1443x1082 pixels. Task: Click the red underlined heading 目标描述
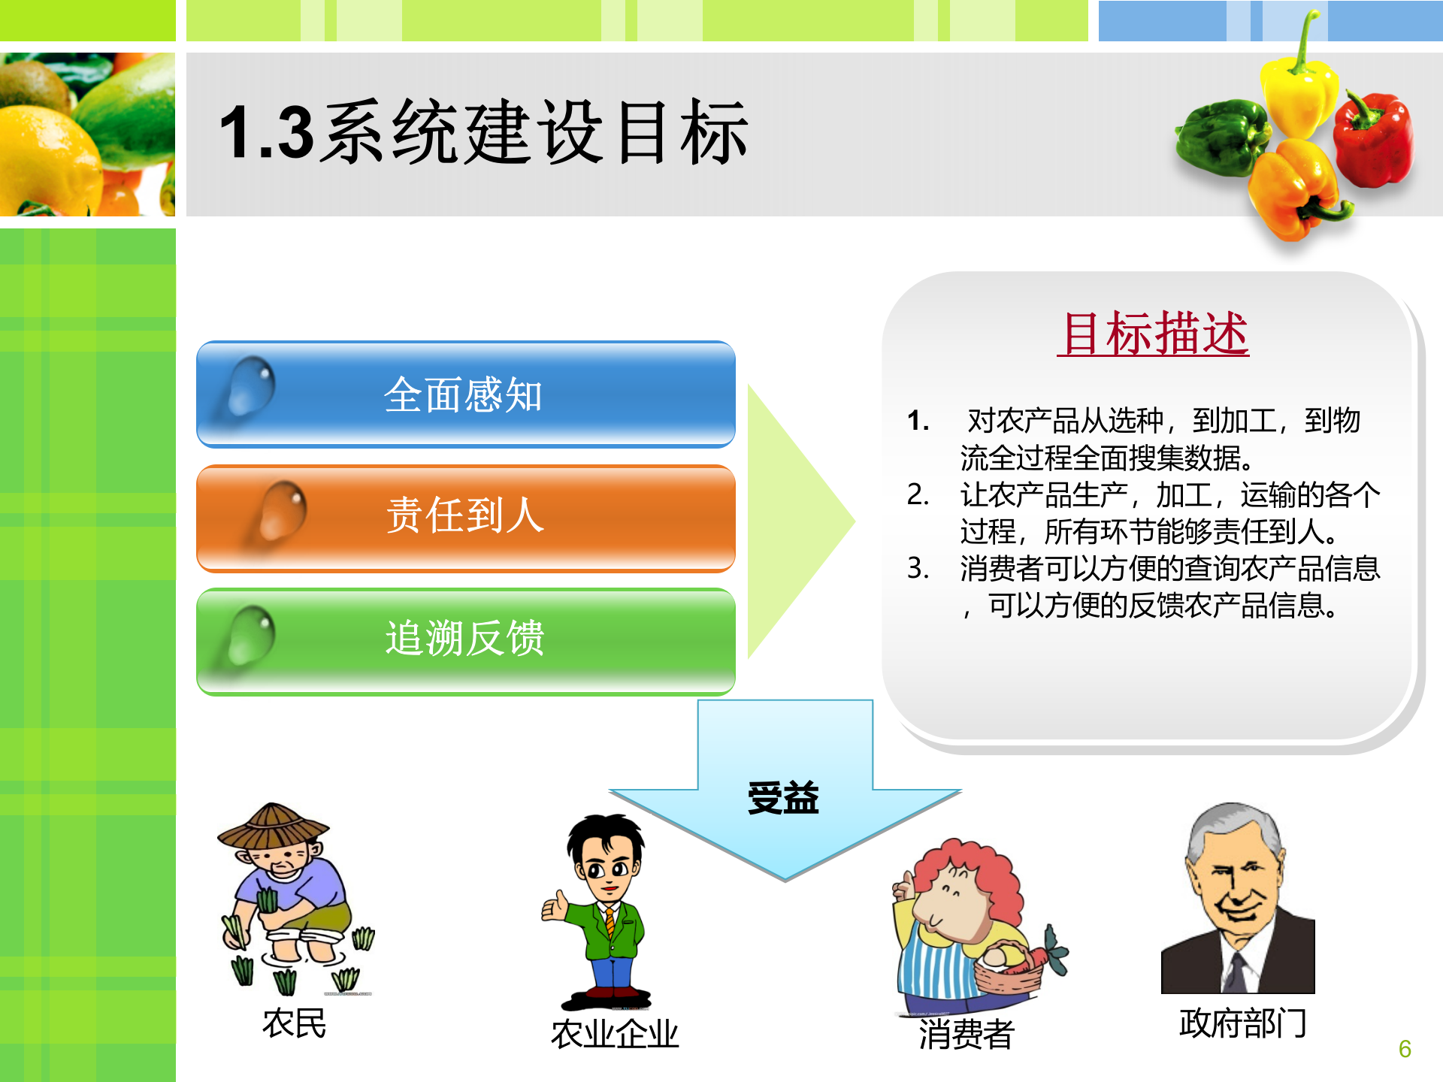point(1154,334)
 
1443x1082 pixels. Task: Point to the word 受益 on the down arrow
point(783,798)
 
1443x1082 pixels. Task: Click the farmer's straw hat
point(272,827)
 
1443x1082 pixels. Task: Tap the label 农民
point(294,1023)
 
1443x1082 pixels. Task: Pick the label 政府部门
point(1242,1023)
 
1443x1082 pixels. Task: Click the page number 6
point(1405,1049)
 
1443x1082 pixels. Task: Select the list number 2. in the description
point(918,494)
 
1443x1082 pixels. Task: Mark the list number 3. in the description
point(918,568)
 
